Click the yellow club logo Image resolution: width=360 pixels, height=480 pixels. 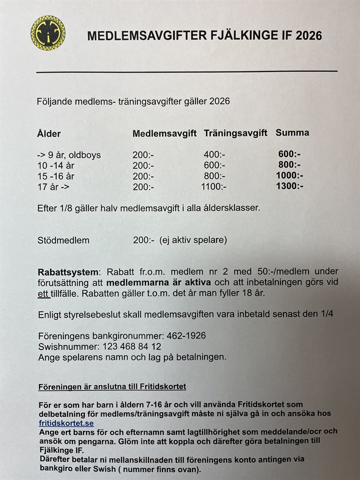point(48,33)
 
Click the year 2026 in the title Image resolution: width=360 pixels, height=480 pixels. point(309,35)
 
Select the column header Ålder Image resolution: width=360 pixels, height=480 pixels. point(49,134)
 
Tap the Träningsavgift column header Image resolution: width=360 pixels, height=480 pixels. point(237,133)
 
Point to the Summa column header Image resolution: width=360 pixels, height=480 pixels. point(292,133)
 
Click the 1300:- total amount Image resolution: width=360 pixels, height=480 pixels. point(290,186)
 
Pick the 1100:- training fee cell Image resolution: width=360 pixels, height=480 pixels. point(213,186)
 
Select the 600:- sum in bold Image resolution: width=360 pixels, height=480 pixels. point(289,154)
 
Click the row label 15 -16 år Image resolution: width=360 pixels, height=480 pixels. point(56,176)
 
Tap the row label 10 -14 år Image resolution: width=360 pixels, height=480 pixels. point(56,165)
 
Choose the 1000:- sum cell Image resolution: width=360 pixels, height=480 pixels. point(290,175)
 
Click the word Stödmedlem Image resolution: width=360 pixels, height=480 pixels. point(63,240)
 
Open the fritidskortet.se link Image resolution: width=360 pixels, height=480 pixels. point(66,423)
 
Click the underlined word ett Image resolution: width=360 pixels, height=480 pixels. point(43,293)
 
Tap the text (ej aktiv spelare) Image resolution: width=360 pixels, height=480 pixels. point(193,240)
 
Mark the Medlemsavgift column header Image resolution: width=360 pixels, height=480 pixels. point(164,134)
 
